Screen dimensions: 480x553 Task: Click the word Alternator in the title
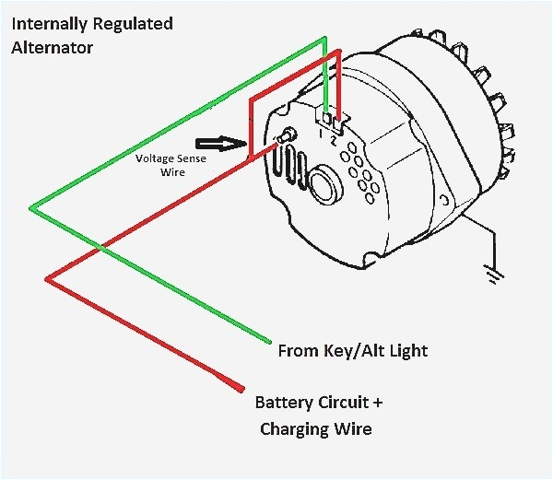click(52, 47)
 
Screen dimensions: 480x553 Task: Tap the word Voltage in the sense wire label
click(154, 158)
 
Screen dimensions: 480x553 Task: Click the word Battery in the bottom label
click(283, 403)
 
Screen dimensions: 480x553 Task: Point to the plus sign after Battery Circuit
click(376, 403)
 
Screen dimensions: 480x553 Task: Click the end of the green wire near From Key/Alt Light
click(269, 342)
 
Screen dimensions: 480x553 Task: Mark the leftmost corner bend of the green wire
click(30, 209)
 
